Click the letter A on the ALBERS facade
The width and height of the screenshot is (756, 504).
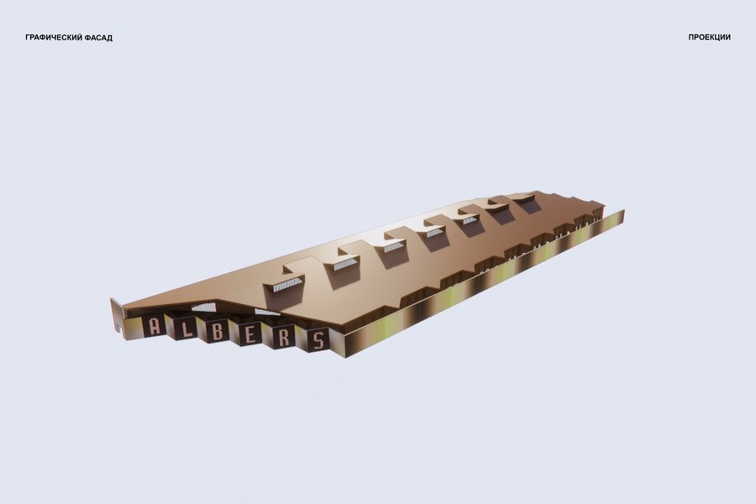point(155,326)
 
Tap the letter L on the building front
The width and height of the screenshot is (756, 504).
point(186,329)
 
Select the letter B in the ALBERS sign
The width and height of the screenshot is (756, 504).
point(218,332)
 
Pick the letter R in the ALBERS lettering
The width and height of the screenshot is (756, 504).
point(284,338)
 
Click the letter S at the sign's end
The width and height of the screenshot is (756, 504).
point(318,340)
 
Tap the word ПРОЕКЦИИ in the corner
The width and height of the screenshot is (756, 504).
point(709,37)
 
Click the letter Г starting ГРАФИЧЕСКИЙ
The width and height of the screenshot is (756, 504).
point(28,38)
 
